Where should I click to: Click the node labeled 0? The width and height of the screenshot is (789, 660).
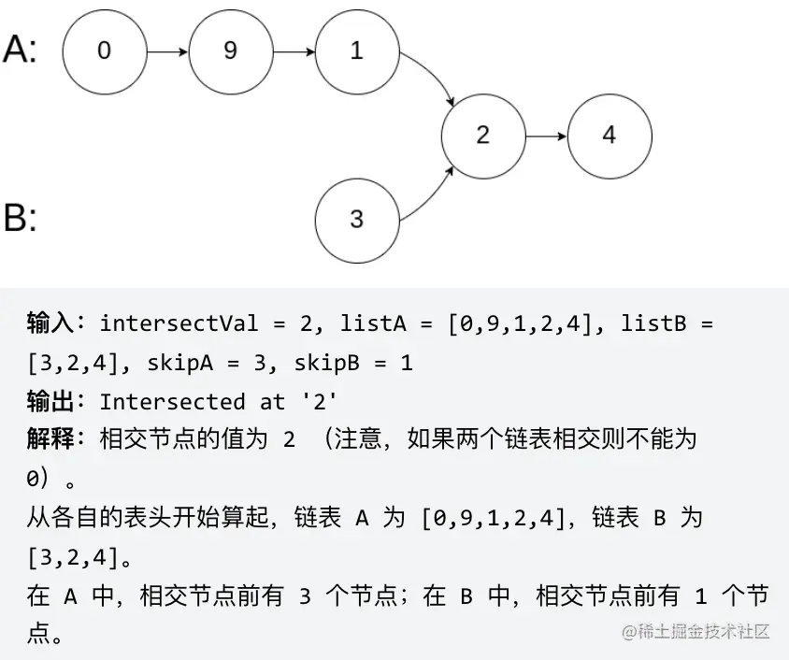[104, 51]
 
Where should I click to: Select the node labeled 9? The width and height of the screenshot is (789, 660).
[230, 51]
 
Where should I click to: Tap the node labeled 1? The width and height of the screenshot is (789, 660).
[356, 51]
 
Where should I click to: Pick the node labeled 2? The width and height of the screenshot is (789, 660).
[482, 135]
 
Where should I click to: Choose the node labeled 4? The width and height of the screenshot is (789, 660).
[609, 135]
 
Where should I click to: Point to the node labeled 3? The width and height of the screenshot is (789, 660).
[356, 220]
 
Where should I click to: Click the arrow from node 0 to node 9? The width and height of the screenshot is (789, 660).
[167, 51]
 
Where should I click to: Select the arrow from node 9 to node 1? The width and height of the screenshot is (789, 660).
[294, 51]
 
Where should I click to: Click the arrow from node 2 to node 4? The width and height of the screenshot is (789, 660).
[546, 135]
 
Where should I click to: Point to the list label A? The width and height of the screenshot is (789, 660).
[21, 49]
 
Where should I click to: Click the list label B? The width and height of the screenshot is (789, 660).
[21, 219]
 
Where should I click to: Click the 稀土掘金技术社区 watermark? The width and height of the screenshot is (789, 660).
[696, 632]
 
